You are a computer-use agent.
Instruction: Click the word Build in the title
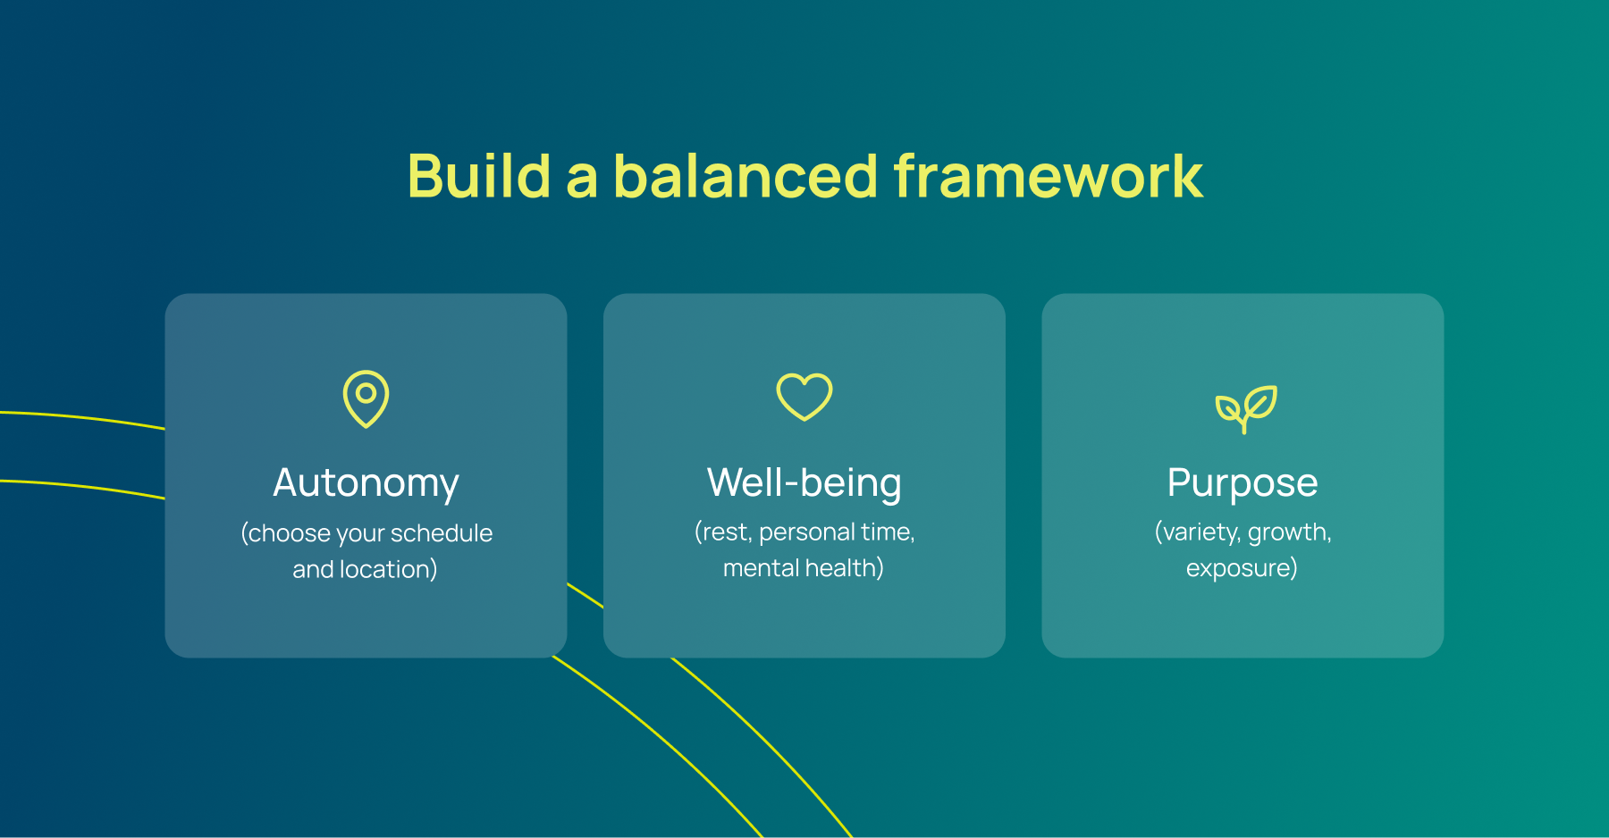click(478, 176)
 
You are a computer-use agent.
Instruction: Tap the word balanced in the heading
click(746, 176)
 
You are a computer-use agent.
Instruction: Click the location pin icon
click(366, 399)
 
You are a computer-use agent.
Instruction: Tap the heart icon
click(804, 397)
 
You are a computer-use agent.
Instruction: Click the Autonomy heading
click(366, 483)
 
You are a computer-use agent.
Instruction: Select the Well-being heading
click(804, 483)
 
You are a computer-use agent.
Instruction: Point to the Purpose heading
click(1242, 483)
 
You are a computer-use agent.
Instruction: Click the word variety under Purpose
click(1200, 532)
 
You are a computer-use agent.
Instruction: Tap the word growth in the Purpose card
click(1288, 532)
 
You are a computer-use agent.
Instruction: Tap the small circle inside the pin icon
click(366, 392)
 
